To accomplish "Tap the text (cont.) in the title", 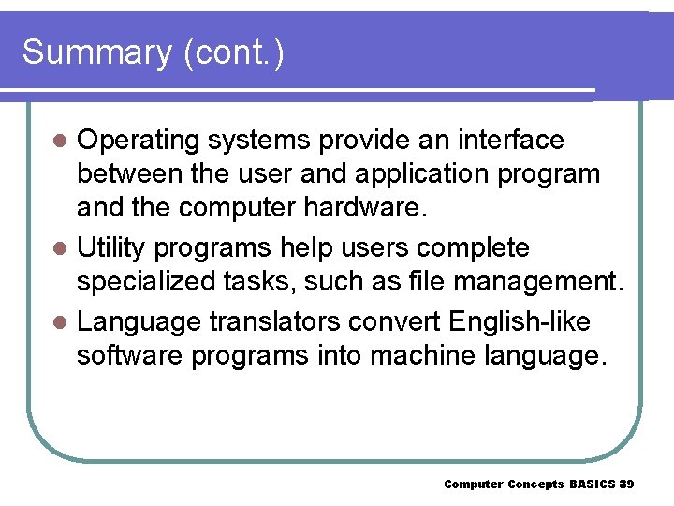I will click(234, 52).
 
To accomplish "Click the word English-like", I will click(520, 322).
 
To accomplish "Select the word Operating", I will click(138, 141).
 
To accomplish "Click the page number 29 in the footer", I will click(627, 484).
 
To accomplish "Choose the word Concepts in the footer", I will click(536, 484).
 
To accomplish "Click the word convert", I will click(395, 322).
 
